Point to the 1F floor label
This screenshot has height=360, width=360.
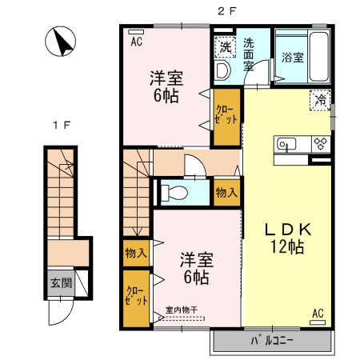pyautogui.click(x=58, y=126)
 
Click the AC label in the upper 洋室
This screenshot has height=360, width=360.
pyautogui.click(x=136, y=37)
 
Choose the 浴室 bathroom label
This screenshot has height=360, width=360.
pyautogui.click(x=291, y=58)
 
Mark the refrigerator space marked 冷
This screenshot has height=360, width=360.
pyautogui.click(x=319, y=101)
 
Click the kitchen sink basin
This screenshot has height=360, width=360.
pyautogui.click(x=287, y=145)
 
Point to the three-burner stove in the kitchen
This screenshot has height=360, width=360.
pyautogui.click(x=321, y=145)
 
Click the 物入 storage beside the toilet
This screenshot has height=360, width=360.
pyautogui.click(x=226, y=192)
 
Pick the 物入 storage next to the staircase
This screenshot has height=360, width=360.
pyautogui.click(x=135, y=253)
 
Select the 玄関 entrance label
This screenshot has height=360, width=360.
pyautogui.click(x=61, y=282)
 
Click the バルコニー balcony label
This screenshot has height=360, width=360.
pyautogui.click(x=272, y=341)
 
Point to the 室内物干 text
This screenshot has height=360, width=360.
pyautogui.click(x=185, y=310)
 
